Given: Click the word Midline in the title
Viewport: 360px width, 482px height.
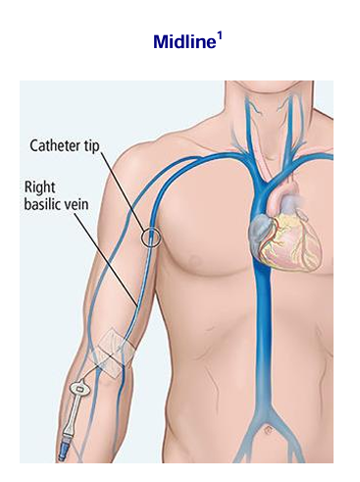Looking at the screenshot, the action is pos(184,41).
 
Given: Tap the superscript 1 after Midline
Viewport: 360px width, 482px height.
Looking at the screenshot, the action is pos(220,36).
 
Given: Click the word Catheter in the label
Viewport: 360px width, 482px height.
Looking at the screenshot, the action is pos(55,145).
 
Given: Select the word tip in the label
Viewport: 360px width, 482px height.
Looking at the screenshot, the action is pos(90,146).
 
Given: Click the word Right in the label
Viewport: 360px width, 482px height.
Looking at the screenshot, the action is pos(39,187).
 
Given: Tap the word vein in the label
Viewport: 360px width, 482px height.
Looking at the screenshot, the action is pos(76,204).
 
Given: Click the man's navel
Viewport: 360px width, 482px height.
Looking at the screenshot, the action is pos(269,430).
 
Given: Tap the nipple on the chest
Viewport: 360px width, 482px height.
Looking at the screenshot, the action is pos(195,261).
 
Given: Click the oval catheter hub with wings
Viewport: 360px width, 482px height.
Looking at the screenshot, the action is pos(79,390).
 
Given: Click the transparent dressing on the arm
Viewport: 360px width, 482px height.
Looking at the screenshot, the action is pos(113,353).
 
